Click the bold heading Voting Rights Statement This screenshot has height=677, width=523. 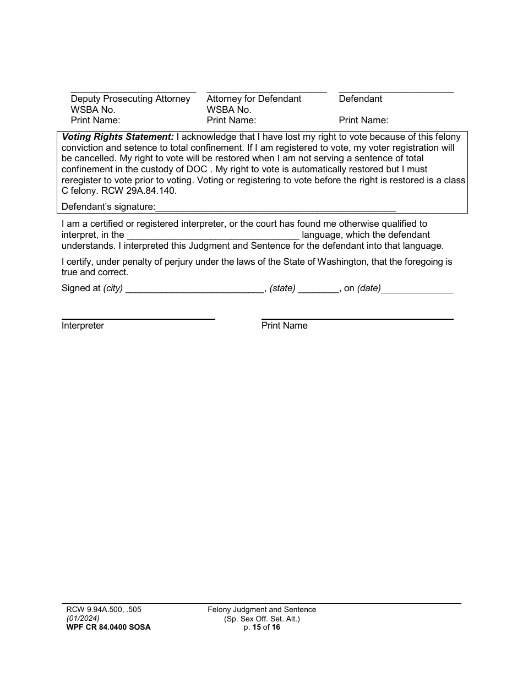pyautogui.click(x=118, y=137)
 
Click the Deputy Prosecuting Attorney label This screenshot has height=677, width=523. pyautogui.click(x=130, y=99)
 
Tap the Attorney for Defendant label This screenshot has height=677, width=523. pyautogui.click(x=254, y=99)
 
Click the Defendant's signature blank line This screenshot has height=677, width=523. pyautogui.click(x=275, y=208)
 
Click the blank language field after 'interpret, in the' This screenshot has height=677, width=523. pyautogui.click(x=213, y=235)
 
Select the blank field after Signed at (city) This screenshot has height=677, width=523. pyautogui.click(x=195, y=289)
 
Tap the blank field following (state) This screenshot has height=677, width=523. pyautogui.click(x=318, y=289)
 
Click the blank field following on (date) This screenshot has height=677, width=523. pyautogui.click(x=417, y=289)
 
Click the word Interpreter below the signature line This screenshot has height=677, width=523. pyautogui.click(x=83, y=326)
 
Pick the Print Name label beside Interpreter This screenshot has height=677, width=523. pyautogui.click(x=284, y=326)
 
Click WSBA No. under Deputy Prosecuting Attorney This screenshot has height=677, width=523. pyautogui.click(x=93, y=110)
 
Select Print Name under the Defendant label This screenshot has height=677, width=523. pyautogui.click(x=363, y=120)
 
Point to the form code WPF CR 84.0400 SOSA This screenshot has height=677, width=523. pyautogui.click(x=106, y=627)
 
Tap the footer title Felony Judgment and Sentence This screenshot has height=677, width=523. pyautogui.click(x=261, y=610)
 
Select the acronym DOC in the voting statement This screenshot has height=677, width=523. pyautogui.click(x=197, y=169)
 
